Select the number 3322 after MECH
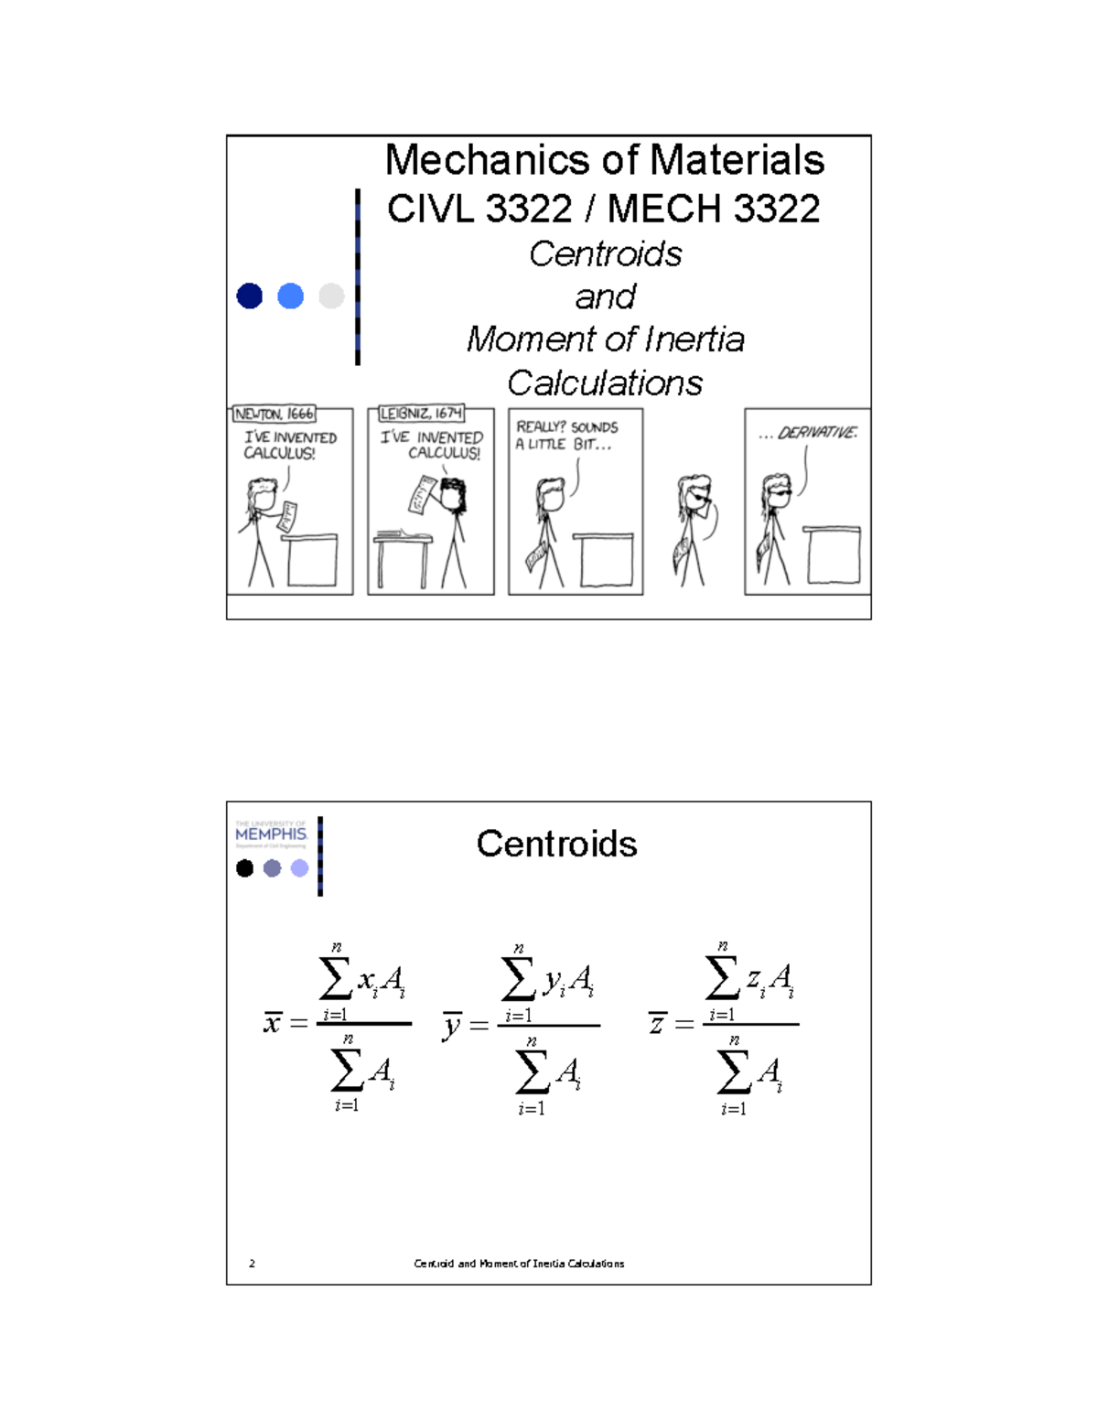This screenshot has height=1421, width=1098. (776, 209)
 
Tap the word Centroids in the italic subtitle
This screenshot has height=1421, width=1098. (605, 254)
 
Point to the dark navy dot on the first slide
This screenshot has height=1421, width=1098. (250, 296)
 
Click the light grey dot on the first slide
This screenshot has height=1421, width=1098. (331, 296)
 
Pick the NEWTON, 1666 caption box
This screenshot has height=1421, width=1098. (274, 414)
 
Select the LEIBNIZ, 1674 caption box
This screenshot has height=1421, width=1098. (421, 414)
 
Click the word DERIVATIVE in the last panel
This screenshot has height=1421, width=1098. (817, 433)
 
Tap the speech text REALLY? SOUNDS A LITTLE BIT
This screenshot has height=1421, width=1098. (567, 436)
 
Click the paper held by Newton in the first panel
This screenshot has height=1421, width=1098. (286, 516)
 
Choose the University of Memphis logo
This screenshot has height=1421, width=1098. (271, 834)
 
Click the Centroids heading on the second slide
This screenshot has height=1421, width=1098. (556, 844)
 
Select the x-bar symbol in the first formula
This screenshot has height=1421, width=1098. (273, 1022)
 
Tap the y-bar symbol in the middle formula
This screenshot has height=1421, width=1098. (452, 1025)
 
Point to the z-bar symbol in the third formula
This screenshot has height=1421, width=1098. (657, 1023)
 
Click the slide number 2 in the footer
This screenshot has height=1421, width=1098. (252, 1264)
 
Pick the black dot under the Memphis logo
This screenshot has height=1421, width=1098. (244, 868)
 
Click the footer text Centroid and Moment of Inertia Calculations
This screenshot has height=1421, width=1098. (519, 1264)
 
